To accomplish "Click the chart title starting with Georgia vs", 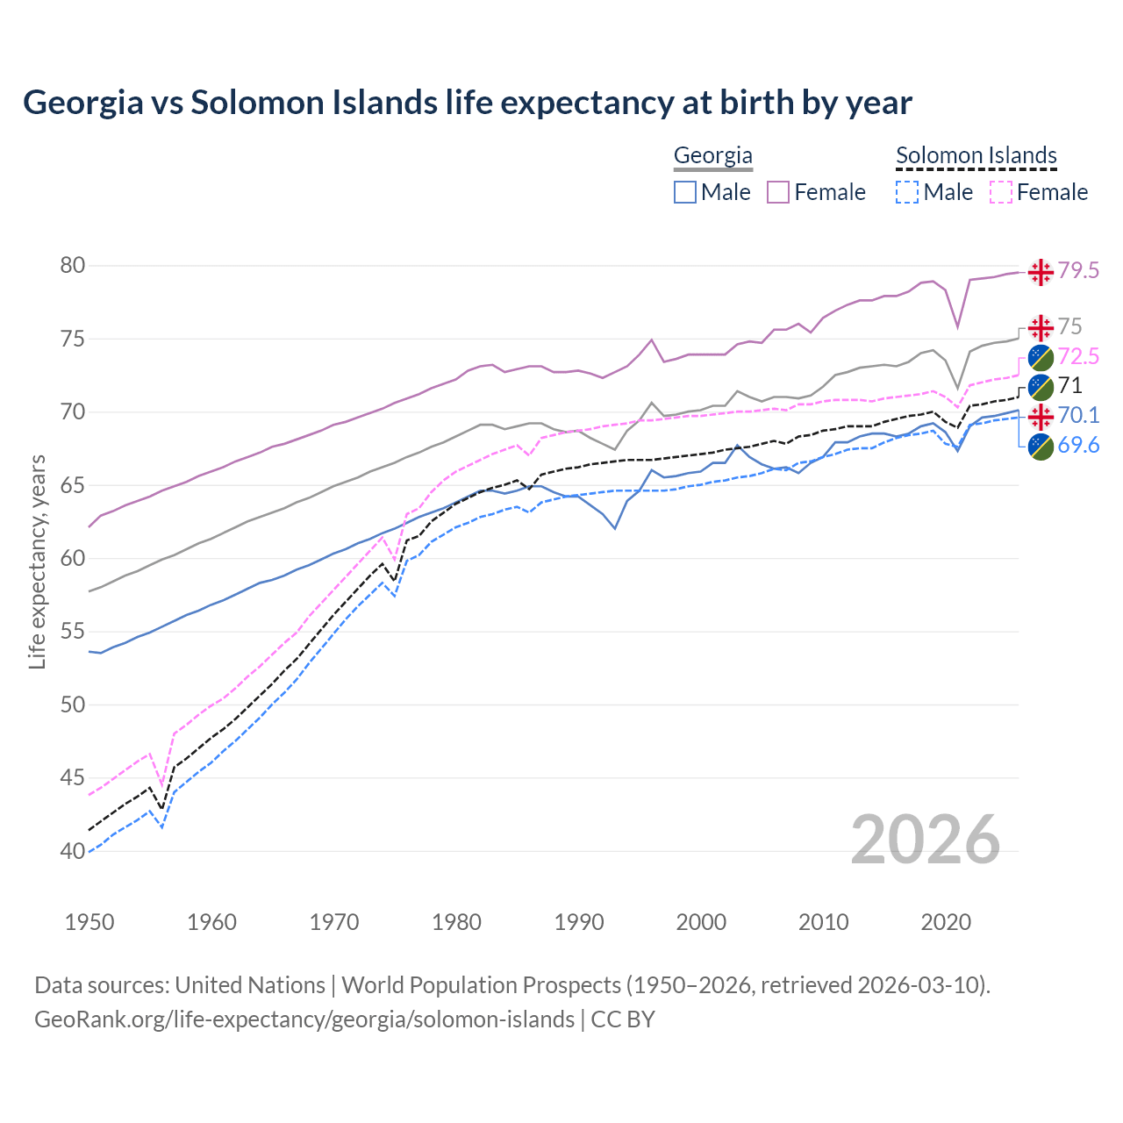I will tap(467, 103).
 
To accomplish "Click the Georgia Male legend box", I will tap(685, 192).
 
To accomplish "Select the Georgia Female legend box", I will tap(778, 192).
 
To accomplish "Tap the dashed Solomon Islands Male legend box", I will tap(907, 192).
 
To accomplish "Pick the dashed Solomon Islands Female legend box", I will tap(1001, 192).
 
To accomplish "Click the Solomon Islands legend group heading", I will tap(976, 155).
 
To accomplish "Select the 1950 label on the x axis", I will tap(89, 922).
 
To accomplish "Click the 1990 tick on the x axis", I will tap(579, 922).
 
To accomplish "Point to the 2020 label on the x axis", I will tap(946, 922).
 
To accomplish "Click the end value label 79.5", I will tap(1078, 271).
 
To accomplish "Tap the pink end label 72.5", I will tap(1078, 356).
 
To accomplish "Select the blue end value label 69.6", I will tap(1078, 446).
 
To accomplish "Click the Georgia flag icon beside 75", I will tap(1041, 328).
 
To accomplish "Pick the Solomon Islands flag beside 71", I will tap(1041, 386).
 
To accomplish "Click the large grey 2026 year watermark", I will tap(925, 840).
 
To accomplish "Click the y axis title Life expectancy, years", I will tap(37, 561).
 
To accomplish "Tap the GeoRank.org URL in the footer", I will tap(304, 1019).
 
